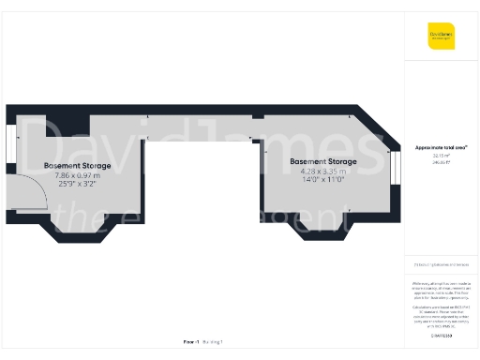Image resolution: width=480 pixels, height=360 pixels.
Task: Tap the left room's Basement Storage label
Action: click(77, 166)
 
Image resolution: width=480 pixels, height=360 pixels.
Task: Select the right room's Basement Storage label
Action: click(323, 161)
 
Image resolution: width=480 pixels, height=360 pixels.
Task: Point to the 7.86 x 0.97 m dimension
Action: click(77, 175)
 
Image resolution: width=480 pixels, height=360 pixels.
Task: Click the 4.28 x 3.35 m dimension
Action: click(323, 171)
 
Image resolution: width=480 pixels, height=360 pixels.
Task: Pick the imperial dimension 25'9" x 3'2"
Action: click(77, 185)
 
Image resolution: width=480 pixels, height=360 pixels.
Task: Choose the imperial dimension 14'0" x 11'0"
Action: click(323, 180)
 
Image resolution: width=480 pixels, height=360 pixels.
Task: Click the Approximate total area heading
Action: click(442, 147)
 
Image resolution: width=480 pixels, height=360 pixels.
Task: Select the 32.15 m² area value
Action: click(442, 155)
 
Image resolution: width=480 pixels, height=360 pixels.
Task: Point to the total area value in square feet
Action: click(442, 161)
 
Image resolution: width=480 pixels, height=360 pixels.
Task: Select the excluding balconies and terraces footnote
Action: click(442, 267)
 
